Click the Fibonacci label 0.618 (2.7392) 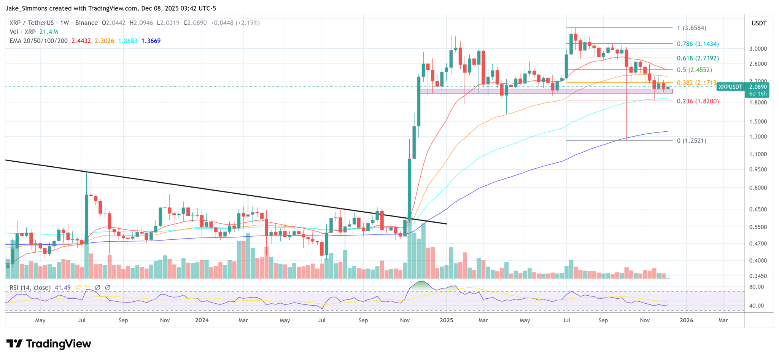click(x=698, y=58)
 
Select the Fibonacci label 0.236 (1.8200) click(x=698, y=101)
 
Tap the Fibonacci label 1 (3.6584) click(x=691, y=28)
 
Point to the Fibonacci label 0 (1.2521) click(x=691, y=141)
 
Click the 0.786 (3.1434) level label click(x=698, y=44)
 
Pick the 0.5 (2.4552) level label click(x=694, y=70)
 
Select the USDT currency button click(x=759, y=23)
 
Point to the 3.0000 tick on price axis click(x=758, y=49)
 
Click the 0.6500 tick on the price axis click(x=758, y=209)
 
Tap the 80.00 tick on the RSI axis click(x=756, y=287)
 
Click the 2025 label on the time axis click(x=446, y=320)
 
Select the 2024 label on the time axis click(x=202, y=320)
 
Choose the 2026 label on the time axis click(x=686, y=320)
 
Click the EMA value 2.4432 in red click(x=81, y=41)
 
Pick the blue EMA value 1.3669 click(x=151, y=41)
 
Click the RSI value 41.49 click(x=63, y=288)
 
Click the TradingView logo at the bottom click(x=49, y=344)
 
